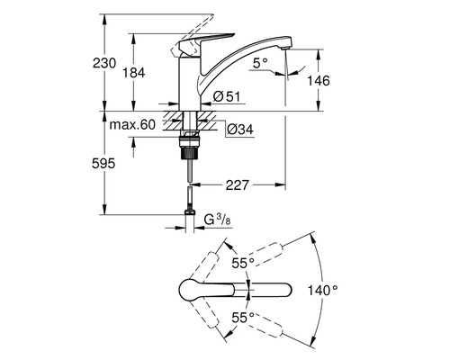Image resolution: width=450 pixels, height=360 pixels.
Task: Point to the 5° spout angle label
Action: tap(259, 63)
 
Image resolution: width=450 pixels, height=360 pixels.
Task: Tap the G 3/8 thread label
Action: tap(220, 219)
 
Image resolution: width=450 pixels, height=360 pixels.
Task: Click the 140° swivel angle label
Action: tap(322, 290)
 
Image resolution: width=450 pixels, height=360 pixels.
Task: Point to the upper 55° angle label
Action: tap(243, 263)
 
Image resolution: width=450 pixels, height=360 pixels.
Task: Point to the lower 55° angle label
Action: tap(243, 318)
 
